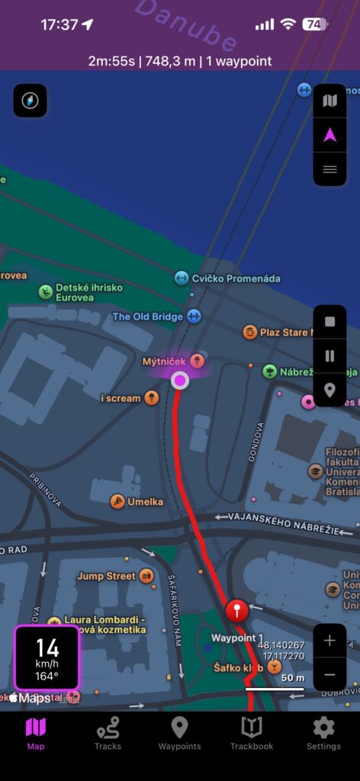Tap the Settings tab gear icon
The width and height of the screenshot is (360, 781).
(323, 728)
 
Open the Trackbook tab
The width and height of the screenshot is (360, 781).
(252, 728)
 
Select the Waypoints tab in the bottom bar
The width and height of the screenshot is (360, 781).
(179, 728)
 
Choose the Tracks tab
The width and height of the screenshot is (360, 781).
(108, 728)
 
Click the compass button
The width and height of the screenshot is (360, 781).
(30, 101)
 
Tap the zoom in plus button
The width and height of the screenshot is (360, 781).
(329, 641)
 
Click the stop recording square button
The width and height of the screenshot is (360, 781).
(329, 322)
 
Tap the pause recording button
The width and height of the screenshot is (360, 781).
(329, 355)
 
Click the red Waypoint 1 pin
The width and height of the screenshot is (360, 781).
(237, 610)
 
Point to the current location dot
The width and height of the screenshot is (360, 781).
(180, 380)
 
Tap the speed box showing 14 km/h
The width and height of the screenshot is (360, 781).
(47, 657)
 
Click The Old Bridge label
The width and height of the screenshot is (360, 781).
(148, 317)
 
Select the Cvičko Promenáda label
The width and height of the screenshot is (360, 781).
(226, 278)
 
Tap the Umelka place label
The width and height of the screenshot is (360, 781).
(145, 501)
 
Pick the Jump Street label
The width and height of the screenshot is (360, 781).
(106, 576)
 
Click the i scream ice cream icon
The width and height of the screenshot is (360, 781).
(152, 397)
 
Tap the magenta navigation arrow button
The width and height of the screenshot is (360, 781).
(329, 135)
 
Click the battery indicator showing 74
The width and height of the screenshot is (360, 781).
(313, 24)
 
